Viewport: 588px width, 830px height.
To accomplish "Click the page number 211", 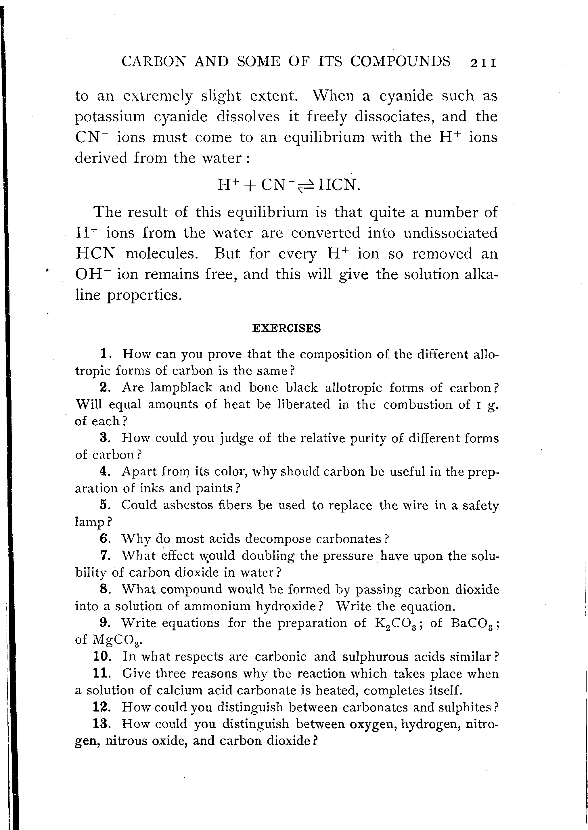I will (483, 63).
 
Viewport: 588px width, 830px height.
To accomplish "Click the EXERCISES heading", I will (286, 328).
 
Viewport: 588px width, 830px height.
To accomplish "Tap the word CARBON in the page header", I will (154, 62).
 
